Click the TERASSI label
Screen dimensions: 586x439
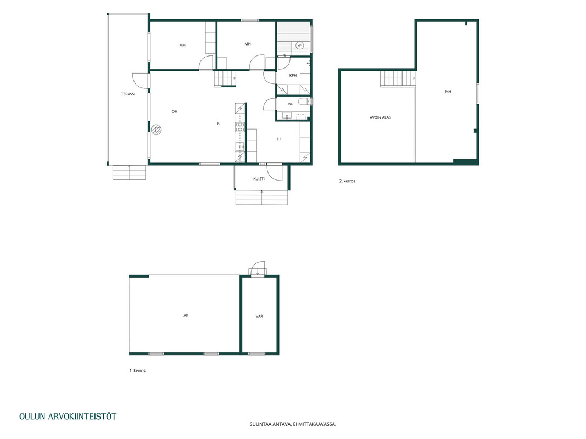tap(128, 94)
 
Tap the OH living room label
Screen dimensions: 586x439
tap(175, 111)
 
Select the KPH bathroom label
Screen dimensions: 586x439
tap(293, 75)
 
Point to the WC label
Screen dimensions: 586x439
tap(291, 104)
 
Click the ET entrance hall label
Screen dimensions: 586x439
tap(279, 139)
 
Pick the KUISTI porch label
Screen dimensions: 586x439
tap(259, 179)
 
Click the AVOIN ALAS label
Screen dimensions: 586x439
tap(380, 117)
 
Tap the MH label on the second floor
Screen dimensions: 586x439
tap(448, 92)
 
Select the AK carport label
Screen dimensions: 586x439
tap(186, 316)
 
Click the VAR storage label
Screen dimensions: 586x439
tap(259, 316)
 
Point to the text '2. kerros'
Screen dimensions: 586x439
tap(347, 181)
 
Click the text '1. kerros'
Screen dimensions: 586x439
tap(137, 371)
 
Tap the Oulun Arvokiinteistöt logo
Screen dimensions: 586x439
tap(68, 417)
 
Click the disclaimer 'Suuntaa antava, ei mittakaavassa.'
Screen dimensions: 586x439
tap(293, 424)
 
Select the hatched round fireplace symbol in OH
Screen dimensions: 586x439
tap(157, 130)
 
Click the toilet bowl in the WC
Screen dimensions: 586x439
tap(303, 101)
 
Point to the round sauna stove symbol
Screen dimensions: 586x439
tap(299, 46)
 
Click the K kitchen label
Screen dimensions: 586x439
tap(219, 123)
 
